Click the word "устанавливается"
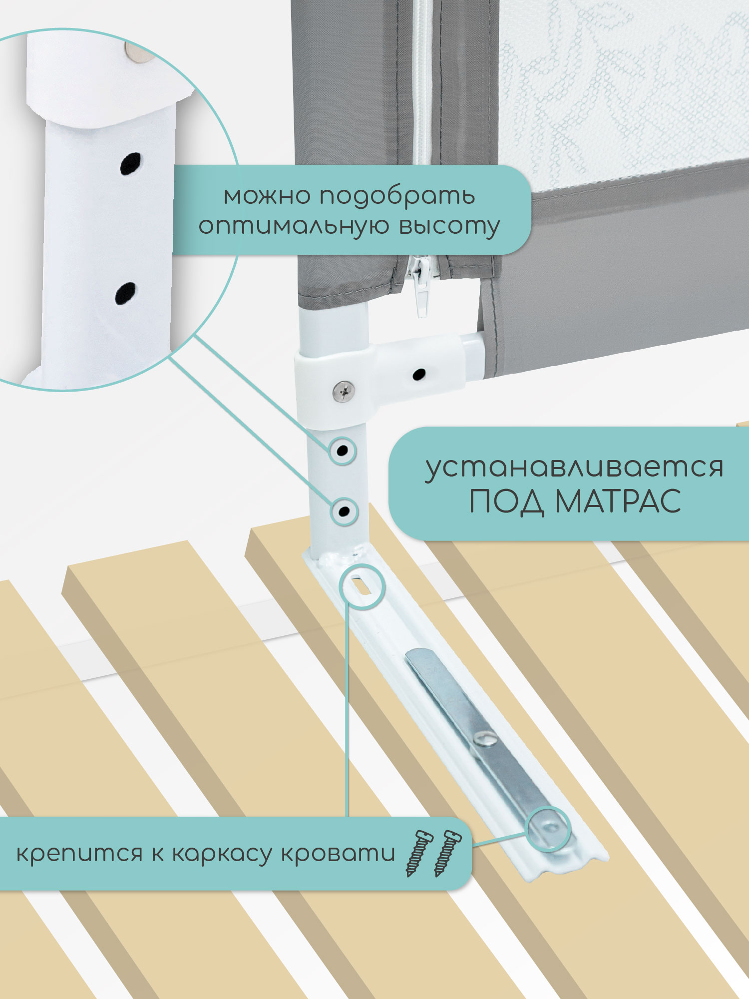point(574,468)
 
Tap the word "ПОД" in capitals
point(506,501)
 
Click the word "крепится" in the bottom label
point(79,854)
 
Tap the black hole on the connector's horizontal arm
point(419,374)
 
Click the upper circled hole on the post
point(343,451)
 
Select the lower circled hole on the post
point(344,511)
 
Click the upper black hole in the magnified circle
point(131,163)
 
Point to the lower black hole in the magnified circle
point(125,293)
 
